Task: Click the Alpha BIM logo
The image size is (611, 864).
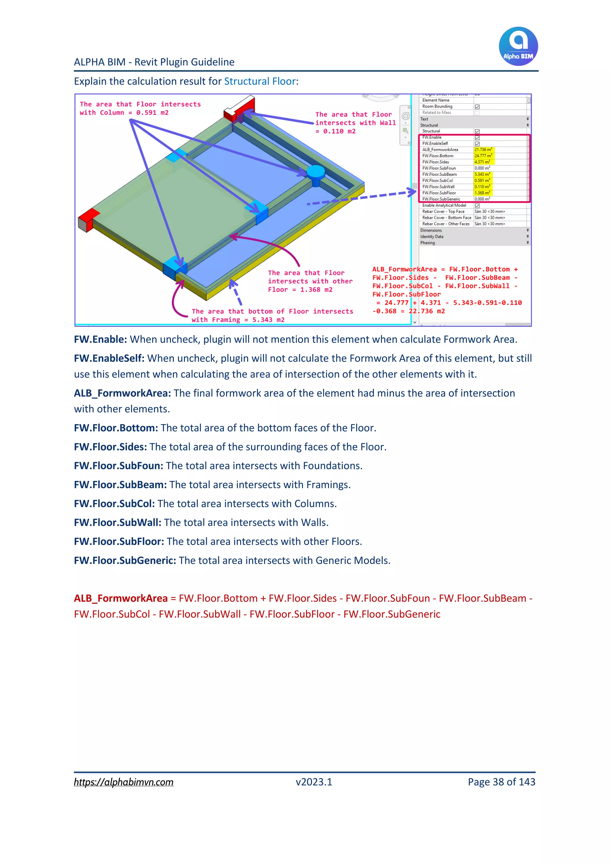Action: pyautogui.click(x=518, y=46)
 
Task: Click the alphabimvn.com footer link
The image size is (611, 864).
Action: pyautogui.click(x=124, y=782)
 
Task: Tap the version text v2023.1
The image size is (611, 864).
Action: pyautogui.click(x=314, y=782)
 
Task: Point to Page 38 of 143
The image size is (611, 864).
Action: pyautogui.click(x=501, y=782)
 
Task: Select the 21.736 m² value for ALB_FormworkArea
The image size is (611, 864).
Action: pyautogui.click(x=483, y=150)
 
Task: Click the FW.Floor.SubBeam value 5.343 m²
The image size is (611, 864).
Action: pyautogui.click(x=482, y=175)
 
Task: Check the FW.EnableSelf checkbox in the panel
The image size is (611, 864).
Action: pyautogui.click(x=477, y=144)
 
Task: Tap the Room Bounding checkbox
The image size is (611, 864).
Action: pyautogui.click(x=477, y=107)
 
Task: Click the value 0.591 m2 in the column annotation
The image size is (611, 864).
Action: pyautogui.click(x=152, y=113)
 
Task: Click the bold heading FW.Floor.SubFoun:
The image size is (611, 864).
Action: pyautogui.click(x=118, y=466)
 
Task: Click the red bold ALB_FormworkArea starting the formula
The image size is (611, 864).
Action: pyautogui.click(x=121, y=598)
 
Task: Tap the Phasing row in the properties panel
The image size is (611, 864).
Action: pyautogui.click(x=428, y=243)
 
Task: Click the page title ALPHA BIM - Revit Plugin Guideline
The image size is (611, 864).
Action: pyautogui.click(x=154, y=62)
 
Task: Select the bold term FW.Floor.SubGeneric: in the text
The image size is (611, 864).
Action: pyautogui.click(x=125, y=560)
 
